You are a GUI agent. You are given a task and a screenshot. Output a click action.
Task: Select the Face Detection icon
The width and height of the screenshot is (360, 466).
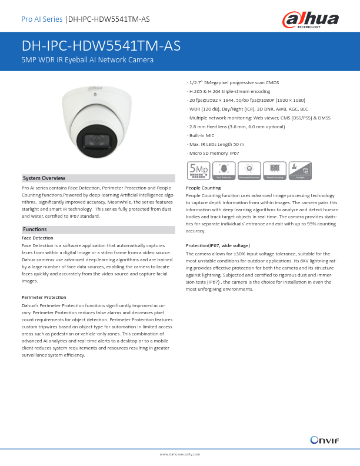pos(224,169)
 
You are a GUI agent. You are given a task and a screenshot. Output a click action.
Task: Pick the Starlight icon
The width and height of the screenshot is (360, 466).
pos(300,169)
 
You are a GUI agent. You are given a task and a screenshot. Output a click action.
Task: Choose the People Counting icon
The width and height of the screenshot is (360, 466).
pos(275,169)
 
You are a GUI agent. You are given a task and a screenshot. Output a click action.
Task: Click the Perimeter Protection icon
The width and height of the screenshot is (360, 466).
pos(249,169)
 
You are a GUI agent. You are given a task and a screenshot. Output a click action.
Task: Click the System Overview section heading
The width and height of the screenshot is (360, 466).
pos(44,178)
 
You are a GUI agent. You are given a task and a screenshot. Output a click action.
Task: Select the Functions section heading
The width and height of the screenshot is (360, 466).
pos(35,229)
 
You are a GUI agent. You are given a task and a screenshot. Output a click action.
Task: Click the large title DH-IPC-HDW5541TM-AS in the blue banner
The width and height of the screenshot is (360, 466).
pos(101,46)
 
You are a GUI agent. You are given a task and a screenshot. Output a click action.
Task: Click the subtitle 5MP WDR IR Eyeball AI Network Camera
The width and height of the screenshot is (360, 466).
pos(87,60)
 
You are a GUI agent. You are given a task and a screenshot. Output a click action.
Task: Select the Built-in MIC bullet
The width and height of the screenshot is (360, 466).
pos(201,135)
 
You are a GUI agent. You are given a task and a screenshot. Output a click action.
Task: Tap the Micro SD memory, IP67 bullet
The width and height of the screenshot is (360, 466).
pos(214,153)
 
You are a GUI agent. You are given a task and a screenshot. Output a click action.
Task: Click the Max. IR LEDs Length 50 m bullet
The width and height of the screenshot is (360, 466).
pos(215,144)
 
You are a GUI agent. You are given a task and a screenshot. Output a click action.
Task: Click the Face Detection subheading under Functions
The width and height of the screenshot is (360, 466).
pos(36,237)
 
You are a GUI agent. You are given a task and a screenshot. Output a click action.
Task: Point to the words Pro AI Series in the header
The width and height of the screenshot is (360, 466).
pos(42,19)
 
